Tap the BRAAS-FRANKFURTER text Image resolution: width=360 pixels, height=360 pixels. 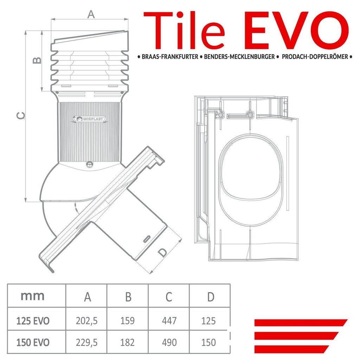click(x=170, y=57)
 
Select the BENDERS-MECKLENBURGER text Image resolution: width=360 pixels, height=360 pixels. click(x=239, y=57)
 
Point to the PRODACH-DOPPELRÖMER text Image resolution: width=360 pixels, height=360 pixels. click(x=315, y=57)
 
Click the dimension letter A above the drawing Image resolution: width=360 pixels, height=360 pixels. click(x=91, y=14)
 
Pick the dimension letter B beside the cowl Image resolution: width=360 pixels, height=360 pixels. click(x=37, y=60)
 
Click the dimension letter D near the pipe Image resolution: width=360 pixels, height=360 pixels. click(x=162, y=252)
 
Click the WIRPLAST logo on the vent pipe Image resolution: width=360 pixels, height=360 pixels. click(x=90, y=119)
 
